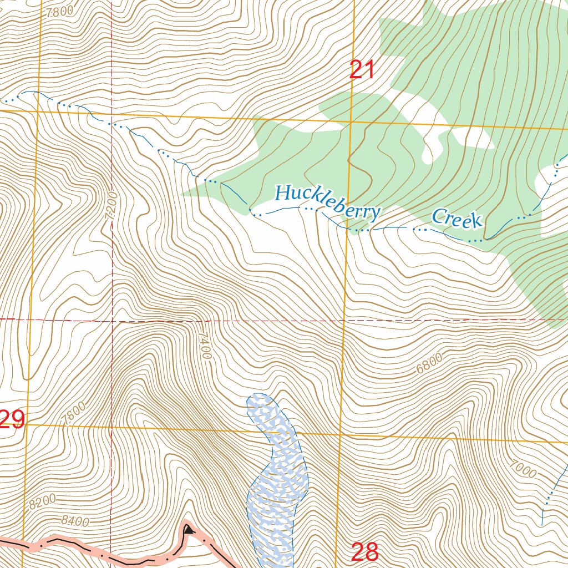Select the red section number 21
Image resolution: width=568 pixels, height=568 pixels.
tap(362, 70)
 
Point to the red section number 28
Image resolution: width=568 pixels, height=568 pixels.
tap(365, 552)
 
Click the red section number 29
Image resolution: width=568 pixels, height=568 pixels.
tap(12, 420)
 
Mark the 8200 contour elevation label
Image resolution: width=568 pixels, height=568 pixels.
tap(42, 501)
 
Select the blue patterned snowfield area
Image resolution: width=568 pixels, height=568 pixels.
tap(276, 477)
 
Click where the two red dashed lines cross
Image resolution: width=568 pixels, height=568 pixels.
tap(111, 319)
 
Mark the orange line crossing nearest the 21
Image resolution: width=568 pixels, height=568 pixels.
tap(351, 120)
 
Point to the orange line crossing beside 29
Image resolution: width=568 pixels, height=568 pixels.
tap(26, 425)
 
